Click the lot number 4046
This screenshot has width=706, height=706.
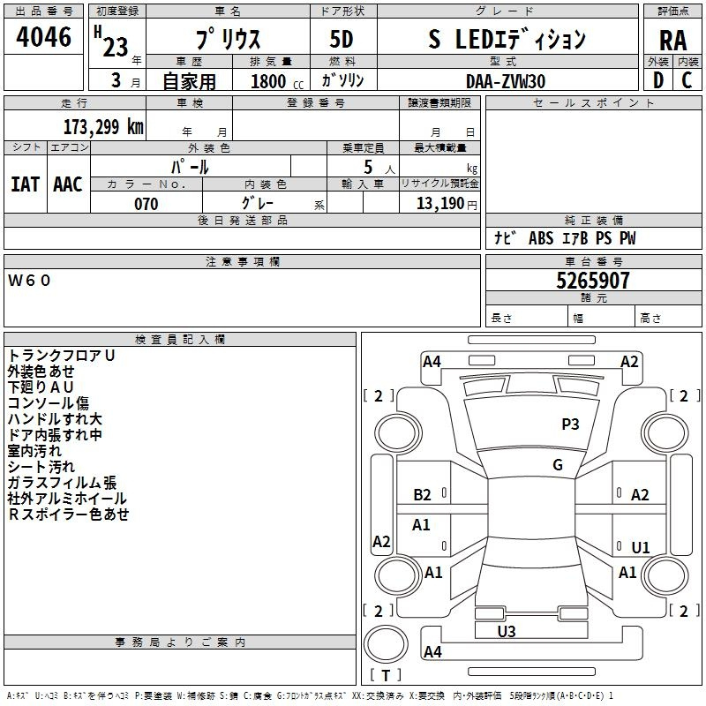[43, 36]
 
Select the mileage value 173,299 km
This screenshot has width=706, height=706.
[103, 126]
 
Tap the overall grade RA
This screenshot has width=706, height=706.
[672, 41]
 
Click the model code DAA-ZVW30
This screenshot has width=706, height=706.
[506, 81]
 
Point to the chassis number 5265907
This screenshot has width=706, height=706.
[592, 281]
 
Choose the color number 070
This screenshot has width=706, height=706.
[146, 204]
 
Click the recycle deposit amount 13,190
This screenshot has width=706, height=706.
[439, 203]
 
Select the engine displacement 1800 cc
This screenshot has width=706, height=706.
[277, 81]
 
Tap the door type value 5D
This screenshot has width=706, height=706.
[342, 39]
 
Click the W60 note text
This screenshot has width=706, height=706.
[29, 280]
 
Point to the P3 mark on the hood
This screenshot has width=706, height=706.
[570, 424]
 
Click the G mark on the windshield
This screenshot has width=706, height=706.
[558, 464]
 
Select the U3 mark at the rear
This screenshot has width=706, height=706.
[506, 631]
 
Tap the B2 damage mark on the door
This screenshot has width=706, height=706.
[422, 495]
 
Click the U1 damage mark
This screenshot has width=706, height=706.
[641, 547]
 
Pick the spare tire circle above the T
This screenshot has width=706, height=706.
[386, 644]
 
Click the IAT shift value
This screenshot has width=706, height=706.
[25, 184]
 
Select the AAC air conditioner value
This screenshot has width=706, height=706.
[68, 184]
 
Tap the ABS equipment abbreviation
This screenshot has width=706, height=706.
[541, 237]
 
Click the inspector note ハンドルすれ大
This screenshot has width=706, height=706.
[55, 418]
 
